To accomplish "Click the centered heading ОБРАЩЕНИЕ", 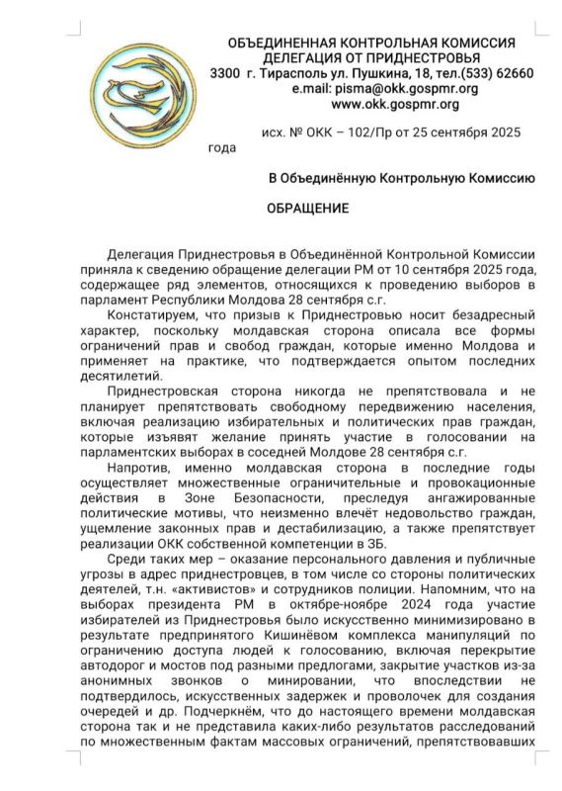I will (x=310, y=211).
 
